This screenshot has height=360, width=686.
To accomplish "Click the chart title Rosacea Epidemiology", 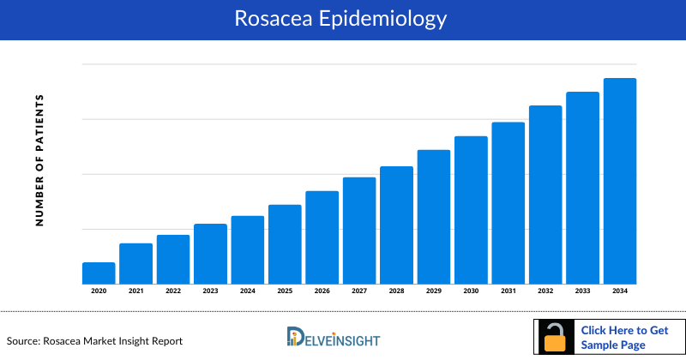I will (x=342, y=19).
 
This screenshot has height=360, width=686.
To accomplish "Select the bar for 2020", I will (x=99, y=273).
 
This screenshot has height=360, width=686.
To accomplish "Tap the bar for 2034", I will (x=620, y=181).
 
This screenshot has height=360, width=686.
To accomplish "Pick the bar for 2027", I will (x=359, y=231).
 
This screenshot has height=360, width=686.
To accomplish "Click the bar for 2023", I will (x=210, y=254).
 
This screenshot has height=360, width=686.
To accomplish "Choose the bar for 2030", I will (x=471, y=210).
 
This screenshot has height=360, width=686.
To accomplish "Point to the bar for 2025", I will (x=285, y=244).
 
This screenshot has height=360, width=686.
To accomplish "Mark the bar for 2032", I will (x=545, y=195).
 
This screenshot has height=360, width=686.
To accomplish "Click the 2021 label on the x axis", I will (x=135, y=291).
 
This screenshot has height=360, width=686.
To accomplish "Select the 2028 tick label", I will (x=396, y=291).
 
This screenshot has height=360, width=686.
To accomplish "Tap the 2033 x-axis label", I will (x=582, y=291).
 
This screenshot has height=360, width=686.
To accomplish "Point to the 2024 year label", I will (x=248, y=291).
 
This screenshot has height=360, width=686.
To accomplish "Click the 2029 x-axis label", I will (x=434, y=291).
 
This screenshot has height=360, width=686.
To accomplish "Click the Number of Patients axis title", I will (x=39, y=161).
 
